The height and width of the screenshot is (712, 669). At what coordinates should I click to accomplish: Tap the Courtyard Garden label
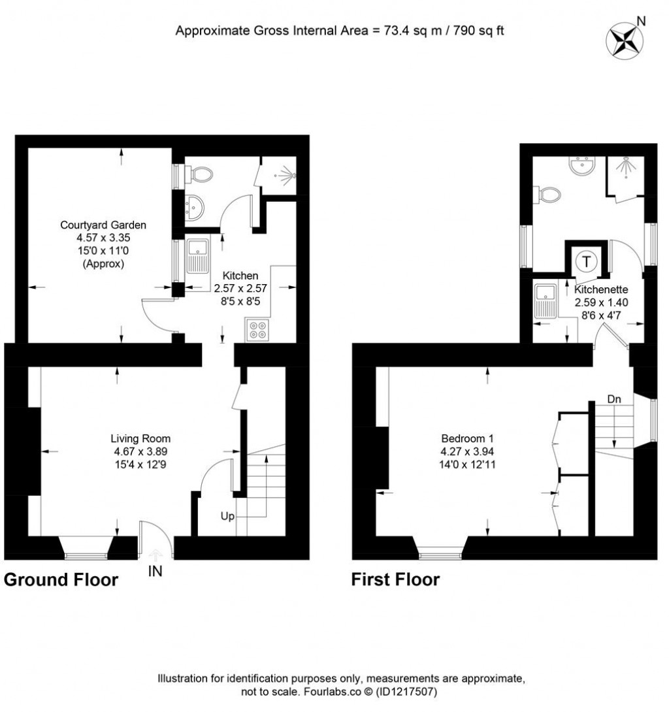coord(103,225)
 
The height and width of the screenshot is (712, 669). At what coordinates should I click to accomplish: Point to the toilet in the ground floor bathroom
coord(199,174)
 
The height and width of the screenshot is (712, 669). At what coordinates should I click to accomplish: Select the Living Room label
coord(140,438)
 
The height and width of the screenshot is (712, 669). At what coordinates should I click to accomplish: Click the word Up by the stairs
coord(227,516)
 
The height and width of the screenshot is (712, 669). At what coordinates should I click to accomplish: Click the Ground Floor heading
coord(61,579)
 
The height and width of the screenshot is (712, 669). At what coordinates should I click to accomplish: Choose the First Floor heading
coord(395,579)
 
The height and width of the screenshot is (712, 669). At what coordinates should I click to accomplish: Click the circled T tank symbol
coord(587,261)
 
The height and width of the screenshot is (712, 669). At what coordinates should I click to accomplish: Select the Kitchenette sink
coord(544,301)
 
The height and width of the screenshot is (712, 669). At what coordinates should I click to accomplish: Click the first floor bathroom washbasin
coord(579,167)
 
